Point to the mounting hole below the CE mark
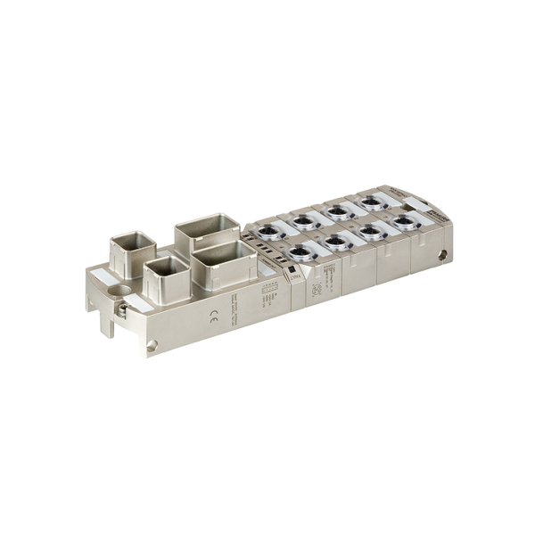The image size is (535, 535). click(x=152, y=345)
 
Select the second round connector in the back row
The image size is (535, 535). click(x=337, y=211)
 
